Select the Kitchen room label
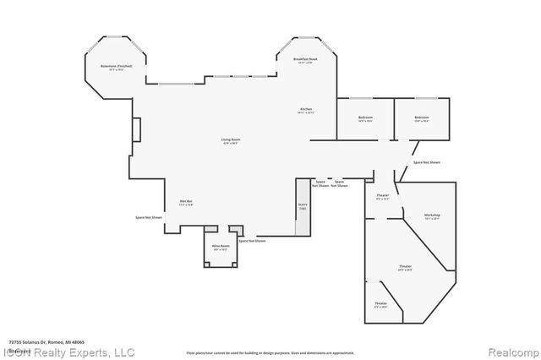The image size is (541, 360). tap(306, 112)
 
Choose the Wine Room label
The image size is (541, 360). tap(221, 248)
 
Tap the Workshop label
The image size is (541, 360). tap(432, 216)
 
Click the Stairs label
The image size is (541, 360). tap(302, 205)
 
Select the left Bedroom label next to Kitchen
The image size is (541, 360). tap(365, 119)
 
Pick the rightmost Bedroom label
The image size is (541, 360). tap(422, 119)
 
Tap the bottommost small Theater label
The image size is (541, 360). tap(380, 305)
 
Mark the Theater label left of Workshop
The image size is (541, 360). tap(382, 197)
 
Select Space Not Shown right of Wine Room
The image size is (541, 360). tap(252, 241)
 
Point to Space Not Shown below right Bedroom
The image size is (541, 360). tap(427, 162)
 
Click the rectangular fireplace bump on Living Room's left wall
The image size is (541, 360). tap(135, 131)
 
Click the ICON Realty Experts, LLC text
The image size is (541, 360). tap(68, 352)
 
